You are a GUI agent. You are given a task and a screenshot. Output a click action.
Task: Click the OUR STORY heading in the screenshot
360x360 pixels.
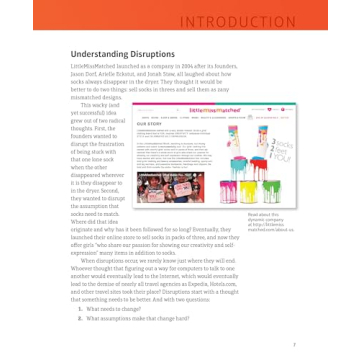(x=145, y=118)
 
